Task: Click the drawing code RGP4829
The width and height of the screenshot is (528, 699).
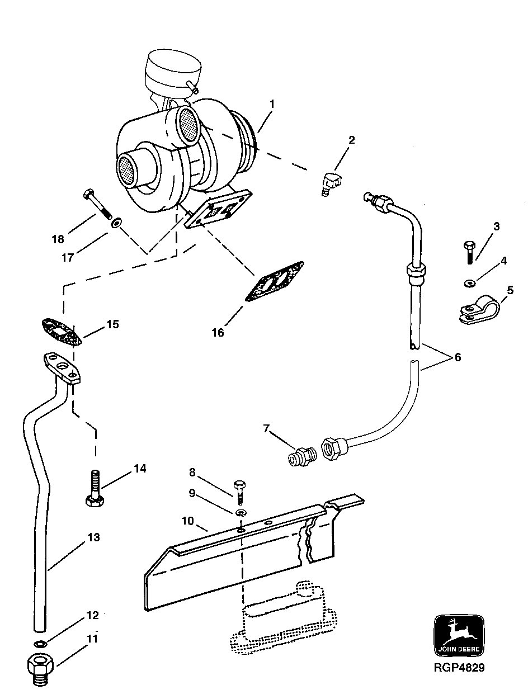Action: tap(458, 667)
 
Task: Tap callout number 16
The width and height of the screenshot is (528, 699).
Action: tap(218, 333)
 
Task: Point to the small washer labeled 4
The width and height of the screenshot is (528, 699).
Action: tap(469, 284)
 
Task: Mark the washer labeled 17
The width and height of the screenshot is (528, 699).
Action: tap(116, 224)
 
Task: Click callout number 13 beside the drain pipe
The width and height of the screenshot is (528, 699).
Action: tap(93, 537)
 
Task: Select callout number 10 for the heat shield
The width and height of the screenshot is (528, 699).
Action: tap(187, 521)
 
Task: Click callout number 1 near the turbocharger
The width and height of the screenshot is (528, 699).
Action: tap(272, 104)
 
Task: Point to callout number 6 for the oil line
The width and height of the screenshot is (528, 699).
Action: tap(458, 357)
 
